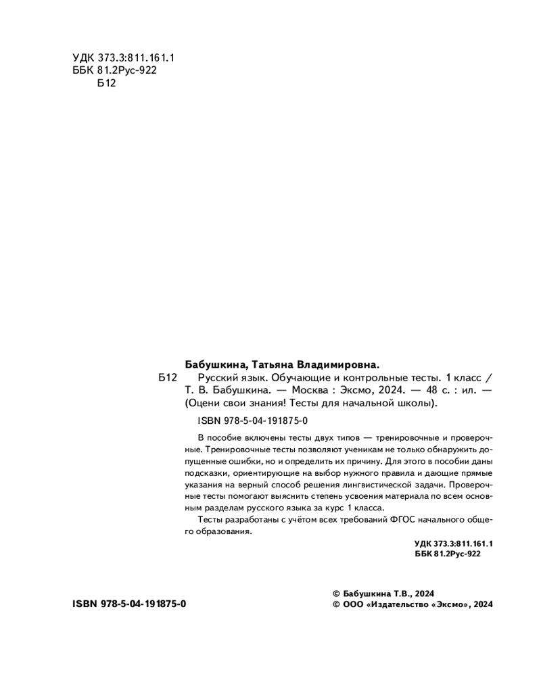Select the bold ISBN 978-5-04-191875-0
coord(128,604)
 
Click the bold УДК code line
coord(453,544)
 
